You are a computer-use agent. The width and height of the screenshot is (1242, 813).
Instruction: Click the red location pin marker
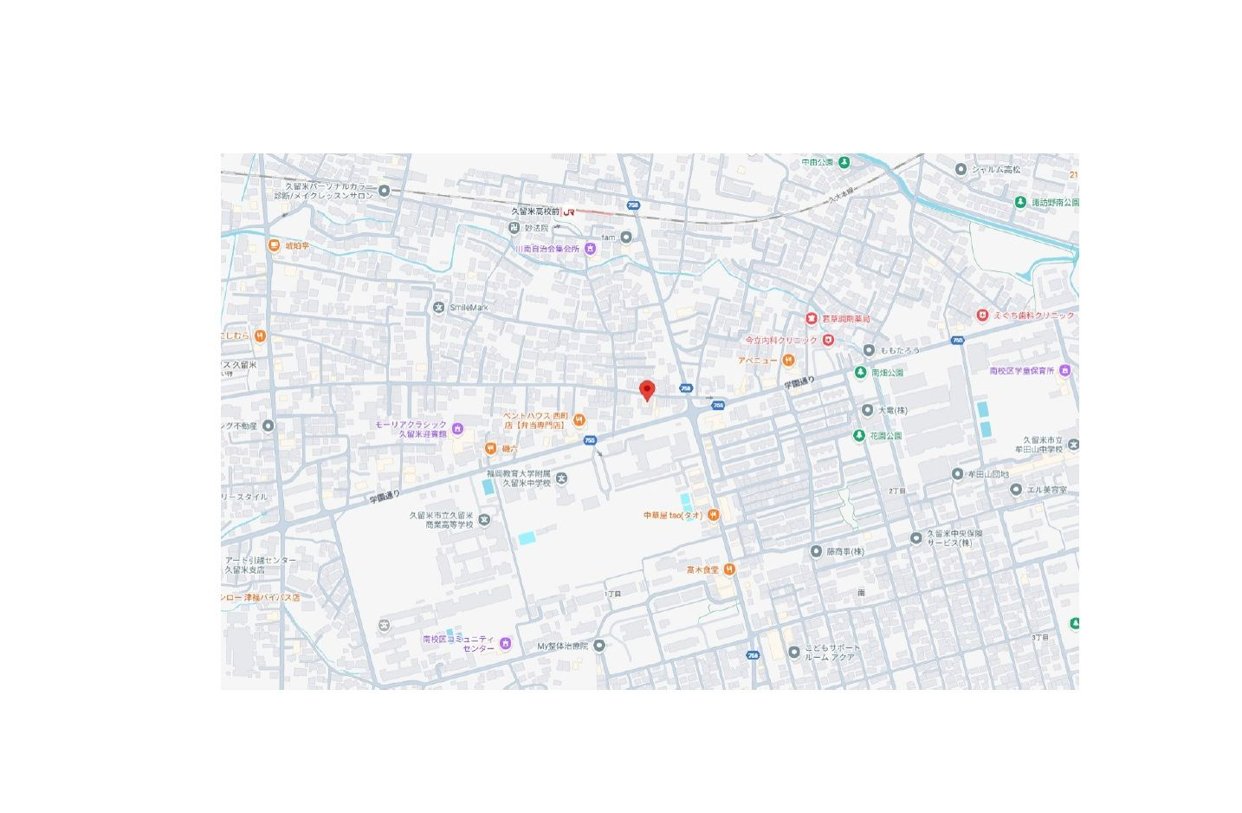pyautogui.click(x=646, y=390)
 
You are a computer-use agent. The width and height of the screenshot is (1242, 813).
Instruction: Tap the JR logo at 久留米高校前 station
pyautogui.click(x=569, y=211)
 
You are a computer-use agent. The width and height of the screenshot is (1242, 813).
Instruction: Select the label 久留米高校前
pyautogui.click(x=535, y=211)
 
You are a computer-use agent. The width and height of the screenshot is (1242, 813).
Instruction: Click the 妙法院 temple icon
pyautogui.click(x=514, y=228)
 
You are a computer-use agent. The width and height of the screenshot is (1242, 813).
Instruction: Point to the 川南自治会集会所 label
pyautogui.click(x=547, y=249)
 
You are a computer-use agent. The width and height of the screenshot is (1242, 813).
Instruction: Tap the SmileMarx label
pyautogui.click(x=469, y=308)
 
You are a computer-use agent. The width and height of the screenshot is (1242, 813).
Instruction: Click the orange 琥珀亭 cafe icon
pyautogui.click(x=274, y=246)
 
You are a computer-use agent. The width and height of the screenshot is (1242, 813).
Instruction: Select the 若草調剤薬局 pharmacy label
pyautogui.click(x=845, y=319)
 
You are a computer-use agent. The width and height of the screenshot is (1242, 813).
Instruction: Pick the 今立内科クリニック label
pyautogui.click(x=781, y=340)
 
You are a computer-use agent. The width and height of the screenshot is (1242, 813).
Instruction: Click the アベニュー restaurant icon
pyautogui.click(x=788, y=360)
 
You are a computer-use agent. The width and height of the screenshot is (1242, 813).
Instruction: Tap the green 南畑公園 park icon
pyautogui.click(x=860, y=373)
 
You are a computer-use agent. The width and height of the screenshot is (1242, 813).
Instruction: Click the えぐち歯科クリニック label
pyautogui.click(x=1033, y=315)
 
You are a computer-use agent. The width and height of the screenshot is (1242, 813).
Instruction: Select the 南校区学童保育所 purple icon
pyautogui.click(x=1064, y=371)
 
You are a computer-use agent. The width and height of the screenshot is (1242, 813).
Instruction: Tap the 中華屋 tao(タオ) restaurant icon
pyautogui.click(x=713, y=516)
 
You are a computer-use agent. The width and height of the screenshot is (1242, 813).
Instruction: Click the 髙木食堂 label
pyautogui.click(x=702, y=569)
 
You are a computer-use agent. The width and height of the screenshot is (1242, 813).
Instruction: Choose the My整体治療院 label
pyautogui.click(x=562, y=646)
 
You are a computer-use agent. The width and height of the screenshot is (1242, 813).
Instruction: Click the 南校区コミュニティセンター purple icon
pyautogui.click(x=505, y=643)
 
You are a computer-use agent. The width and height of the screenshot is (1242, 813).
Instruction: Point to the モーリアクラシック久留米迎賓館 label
pyautogui.click(x=412, y=429)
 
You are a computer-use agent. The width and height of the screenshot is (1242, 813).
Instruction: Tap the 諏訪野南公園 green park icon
pyautogui.click(x=1020, y=202)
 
